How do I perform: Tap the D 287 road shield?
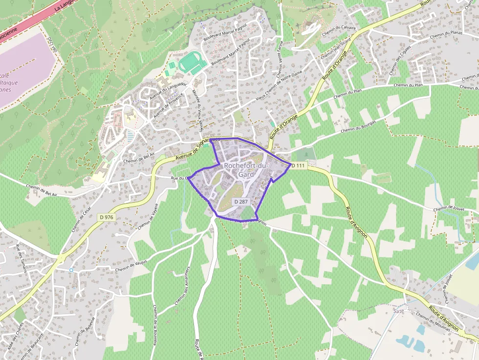[241, 201]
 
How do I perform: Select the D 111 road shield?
[298, 166]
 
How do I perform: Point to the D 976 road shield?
[106, 217]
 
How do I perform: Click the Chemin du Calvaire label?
[339, 30]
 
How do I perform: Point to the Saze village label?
[399, 310]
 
